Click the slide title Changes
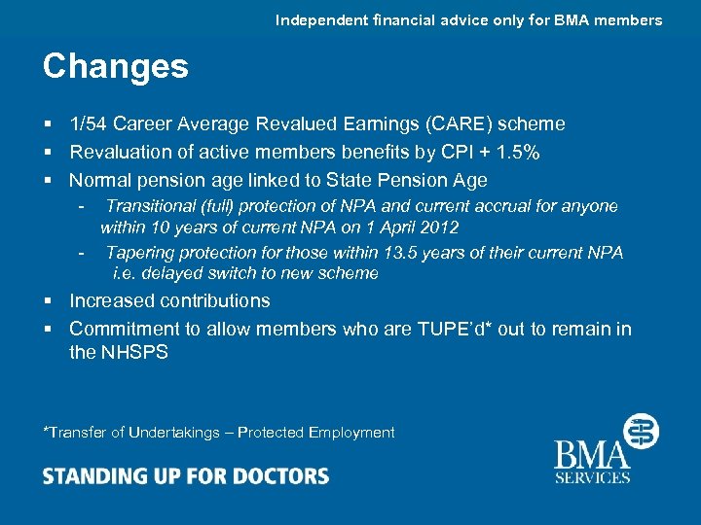point(115,67)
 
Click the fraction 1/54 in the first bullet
point(91,124)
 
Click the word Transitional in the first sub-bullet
point(150,206)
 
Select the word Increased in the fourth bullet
point(112,301)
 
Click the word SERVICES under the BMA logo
point(593,477)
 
